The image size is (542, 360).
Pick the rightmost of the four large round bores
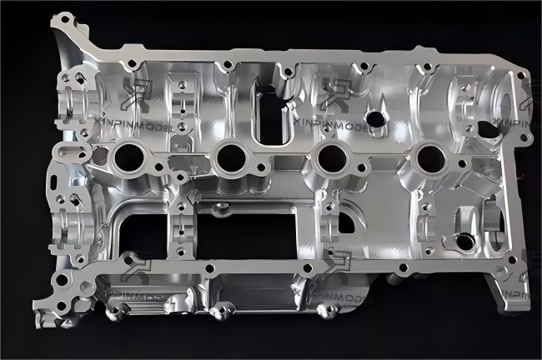pyautogui.click(x=431, y=156)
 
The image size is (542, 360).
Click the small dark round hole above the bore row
pyautogui.click(x=376, y=118)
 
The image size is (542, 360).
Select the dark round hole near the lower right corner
pyautogui.click(x=464, y=242)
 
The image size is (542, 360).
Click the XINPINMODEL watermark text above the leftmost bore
pyautogui.click(x=138, y=124)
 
